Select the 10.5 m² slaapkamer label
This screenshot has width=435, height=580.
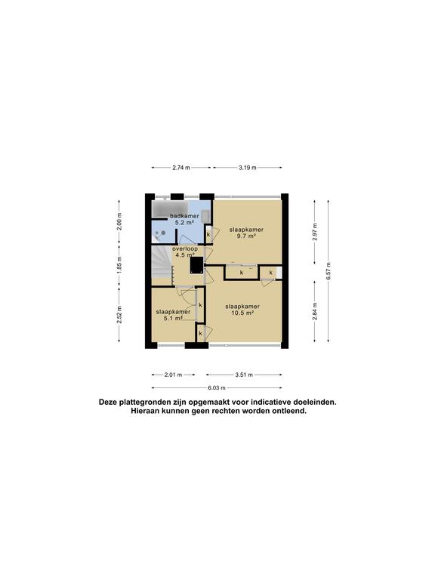point(242,310)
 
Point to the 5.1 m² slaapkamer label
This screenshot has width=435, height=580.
point(172,315)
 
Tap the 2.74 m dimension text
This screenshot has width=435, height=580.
point(181,168)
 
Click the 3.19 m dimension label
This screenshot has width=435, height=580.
point(247,168)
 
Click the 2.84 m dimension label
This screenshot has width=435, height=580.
point(314,310)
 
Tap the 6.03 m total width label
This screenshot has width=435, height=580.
point(217,387)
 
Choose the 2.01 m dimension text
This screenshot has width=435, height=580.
point(173,374)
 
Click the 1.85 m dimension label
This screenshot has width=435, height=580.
point(119,267)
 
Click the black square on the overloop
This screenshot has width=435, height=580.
point(194,265)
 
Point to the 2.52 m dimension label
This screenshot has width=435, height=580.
point(119,314)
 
